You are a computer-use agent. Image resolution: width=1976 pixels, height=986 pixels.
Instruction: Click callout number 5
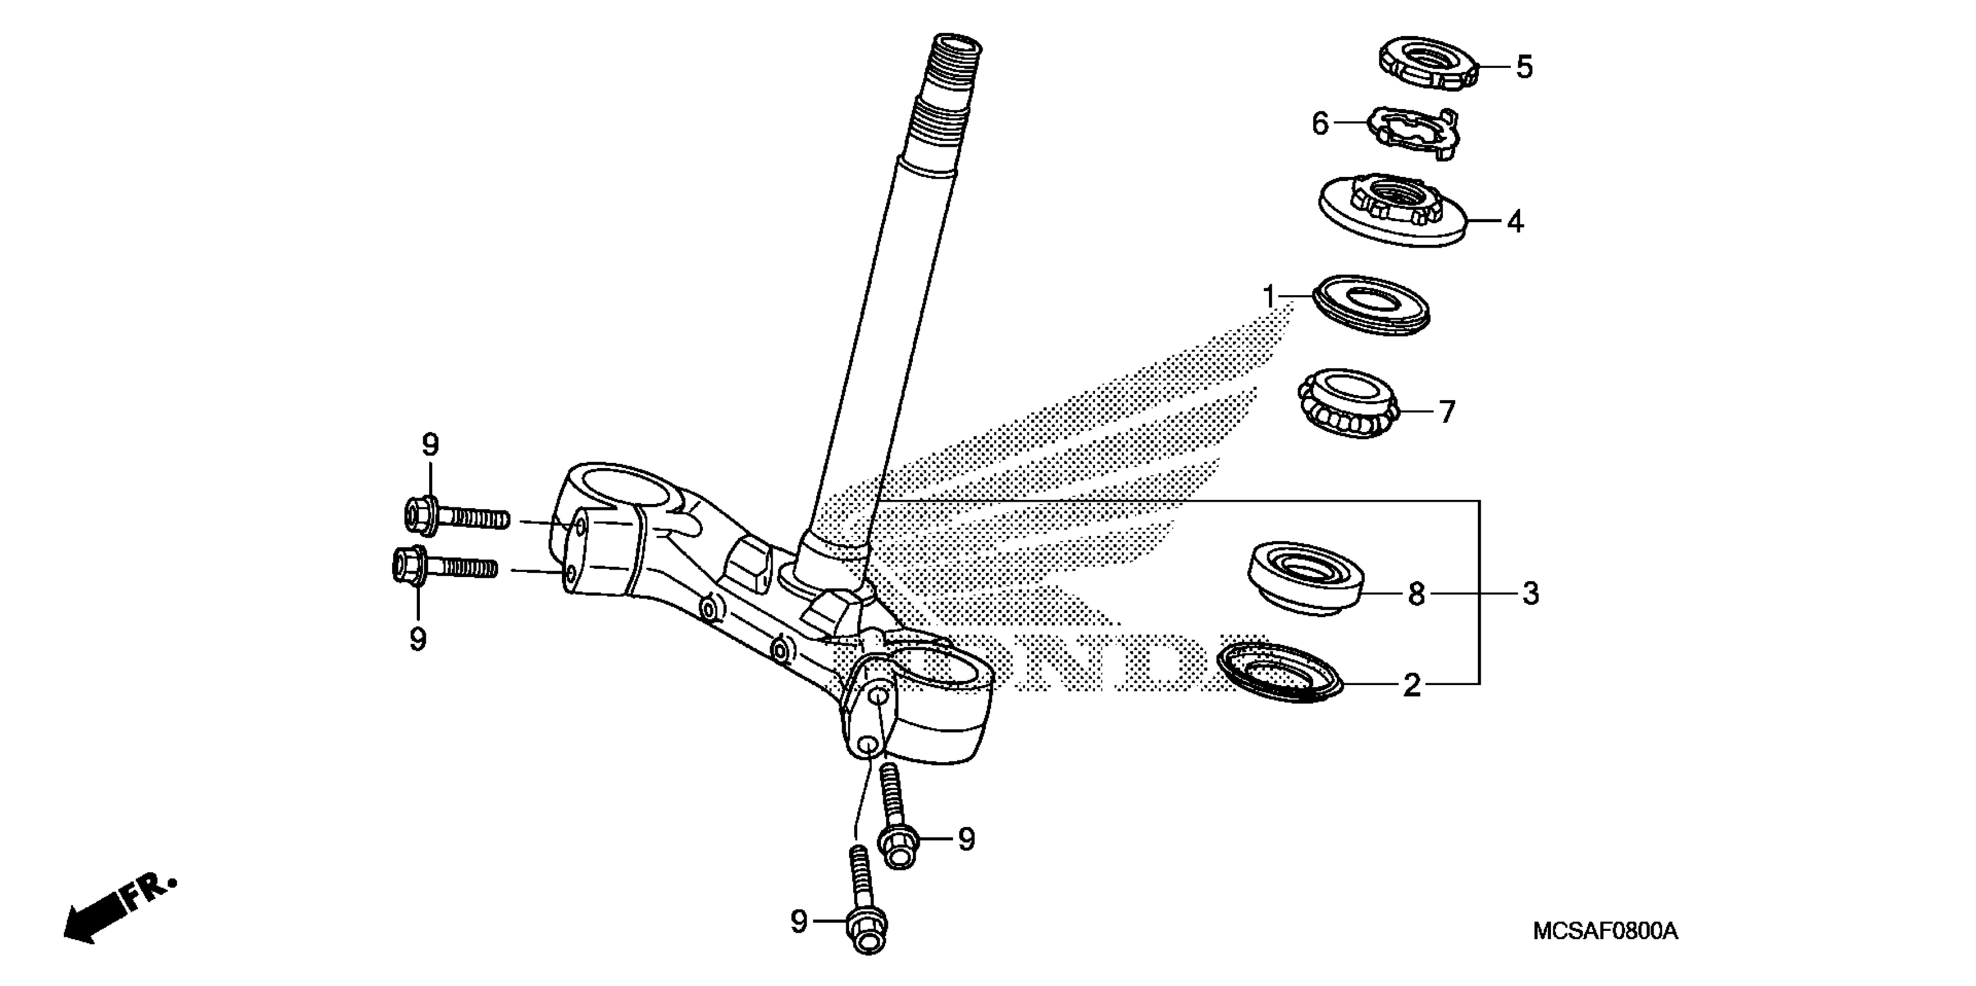point(1524,67)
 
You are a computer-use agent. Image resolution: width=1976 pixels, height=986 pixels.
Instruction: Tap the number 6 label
point(1319,123)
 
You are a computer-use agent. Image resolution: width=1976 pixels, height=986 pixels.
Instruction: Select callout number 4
point(1515,222)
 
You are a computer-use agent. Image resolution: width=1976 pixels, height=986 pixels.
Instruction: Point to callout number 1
point(1270,295)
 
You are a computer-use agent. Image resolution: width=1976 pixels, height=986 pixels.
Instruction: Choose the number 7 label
point(1446,412)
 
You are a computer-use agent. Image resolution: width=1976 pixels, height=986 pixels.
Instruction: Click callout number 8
point(1416,593)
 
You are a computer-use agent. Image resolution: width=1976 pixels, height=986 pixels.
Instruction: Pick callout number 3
point(1531,593)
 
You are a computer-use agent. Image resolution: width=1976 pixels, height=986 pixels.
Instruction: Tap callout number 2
point(1412,684)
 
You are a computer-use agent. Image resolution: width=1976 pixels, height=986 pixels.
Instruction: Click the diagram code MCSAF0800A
point(1605,931)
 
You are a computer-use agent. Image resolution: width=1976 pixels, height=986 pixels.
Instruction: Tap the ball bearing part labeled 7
point(1347,404)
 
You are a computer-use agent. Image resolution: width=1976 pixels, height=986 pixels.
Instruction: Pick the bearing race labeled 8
point(1306,577)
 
